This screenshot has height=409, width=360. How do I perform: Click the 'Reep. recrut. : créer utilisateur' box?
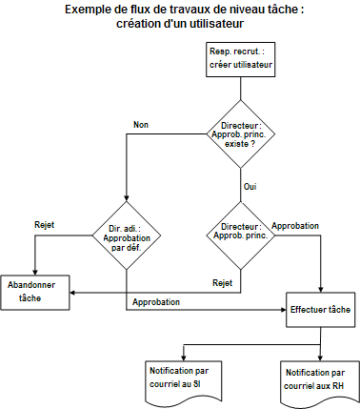241,59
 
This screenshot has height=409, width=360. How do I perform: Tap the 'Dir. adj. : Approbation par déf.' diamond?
126,234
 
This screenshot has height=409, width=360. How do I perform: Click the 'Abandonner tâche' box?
35,291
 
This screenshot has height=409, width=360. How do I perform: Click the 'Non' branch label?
141,124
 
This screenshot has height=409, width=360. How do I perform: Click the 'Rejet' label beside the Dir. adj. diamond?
44,225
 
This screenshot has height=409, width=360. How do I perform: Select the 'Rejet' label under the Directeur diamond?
222,282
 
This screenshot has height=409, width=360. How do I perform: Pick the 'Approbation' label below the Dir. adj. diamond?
157,301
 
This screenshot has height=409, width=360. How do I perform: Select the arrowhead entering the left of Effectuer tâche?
284,310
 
